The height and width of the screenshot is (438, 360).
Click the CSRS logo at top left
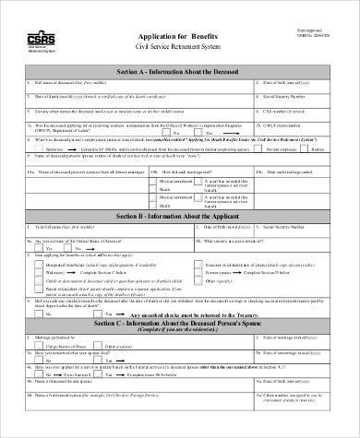(36, 39)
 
